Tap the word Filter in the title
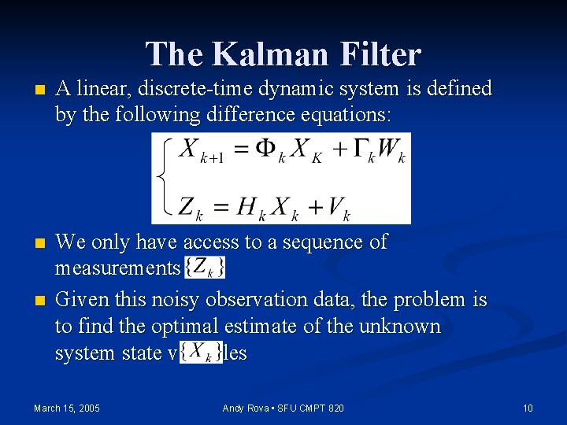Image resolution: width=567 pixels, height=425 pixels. coord(381,54)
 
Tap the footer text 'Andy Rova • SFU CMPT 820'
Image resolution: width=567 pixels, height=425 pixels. coord(283,408)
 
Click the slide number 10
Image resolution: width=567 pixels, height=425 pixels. coord(528,408)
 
